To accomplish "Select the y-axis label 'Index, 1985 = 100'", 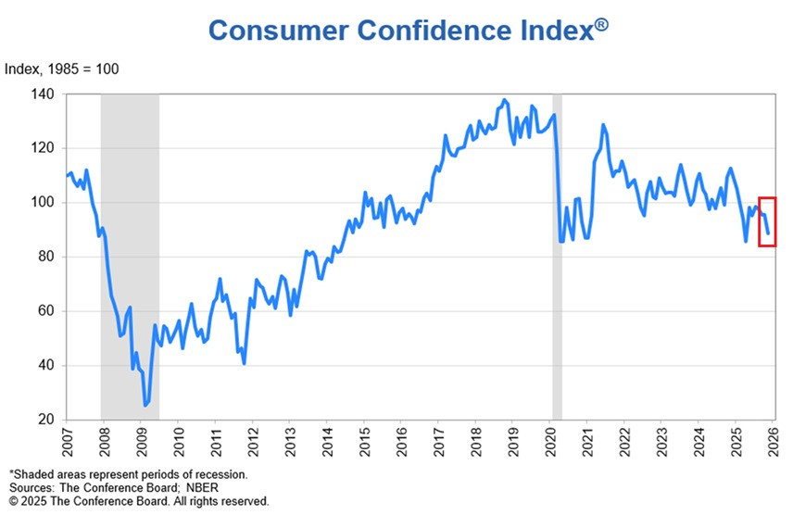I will pyautogui.click(x=62, y=69).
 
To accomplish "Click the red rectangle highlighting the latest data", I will pyautogui.click(x=767, y=221).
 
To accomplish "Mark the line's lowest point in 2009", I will pyautogui.click(x=145, y=405).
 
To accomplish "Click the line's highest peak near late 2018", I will pyautogui.click(x=504, y=100).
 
